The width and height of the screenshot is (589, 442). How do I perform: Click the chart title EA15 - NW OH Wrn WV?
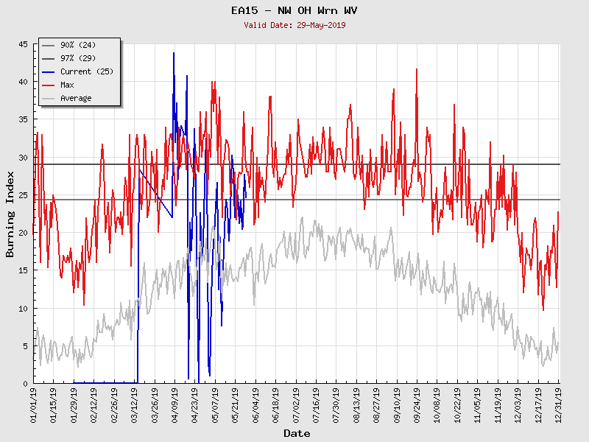294,11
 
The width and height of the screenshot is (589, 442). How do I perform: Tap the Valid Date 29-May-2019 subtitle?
294,25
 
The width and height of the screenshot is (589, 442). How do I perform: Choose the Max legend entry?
67,85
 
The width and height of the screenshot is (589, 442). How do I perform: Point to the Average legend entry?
76,98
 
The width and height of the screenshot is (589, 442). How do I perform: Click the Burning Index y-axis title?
10,214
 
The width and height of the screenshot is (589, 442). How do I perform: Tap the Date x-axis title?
297,433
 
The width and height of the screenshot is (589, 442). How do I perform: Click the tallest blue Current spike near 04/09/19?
174,54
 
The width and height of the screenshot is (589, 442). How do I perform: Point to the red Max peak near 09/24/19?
417,70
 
